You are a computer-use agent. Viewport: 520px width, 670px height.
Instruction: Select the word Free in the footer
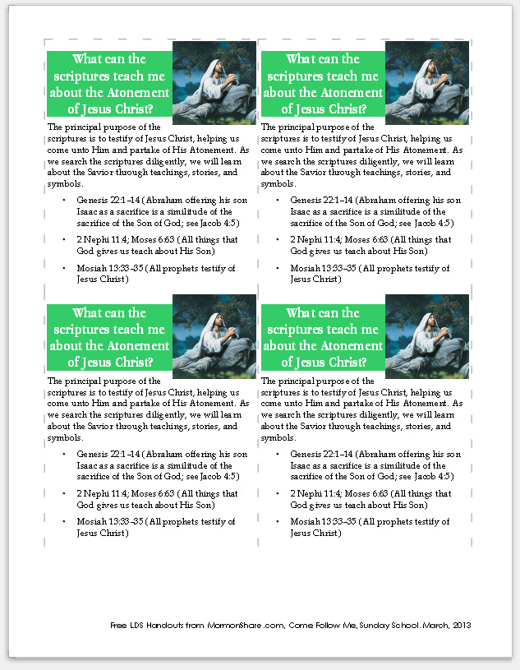click(120, 626)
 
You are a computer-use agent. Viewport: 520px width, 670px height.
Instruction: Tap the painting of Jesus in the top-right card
click(426, 81)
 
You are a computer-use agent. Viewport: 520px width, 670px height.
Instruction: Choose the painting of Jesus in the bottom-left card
click(214, 335)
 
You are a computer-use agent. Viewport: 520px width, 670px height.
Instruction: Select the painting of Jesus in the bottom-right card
click(426, 335)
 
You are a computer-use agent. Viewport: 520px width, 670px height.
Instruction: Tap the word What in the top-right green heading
click(301, 59)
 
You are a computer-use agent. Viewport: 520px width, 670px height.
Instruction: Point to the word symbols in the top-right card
click(277, 183)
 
